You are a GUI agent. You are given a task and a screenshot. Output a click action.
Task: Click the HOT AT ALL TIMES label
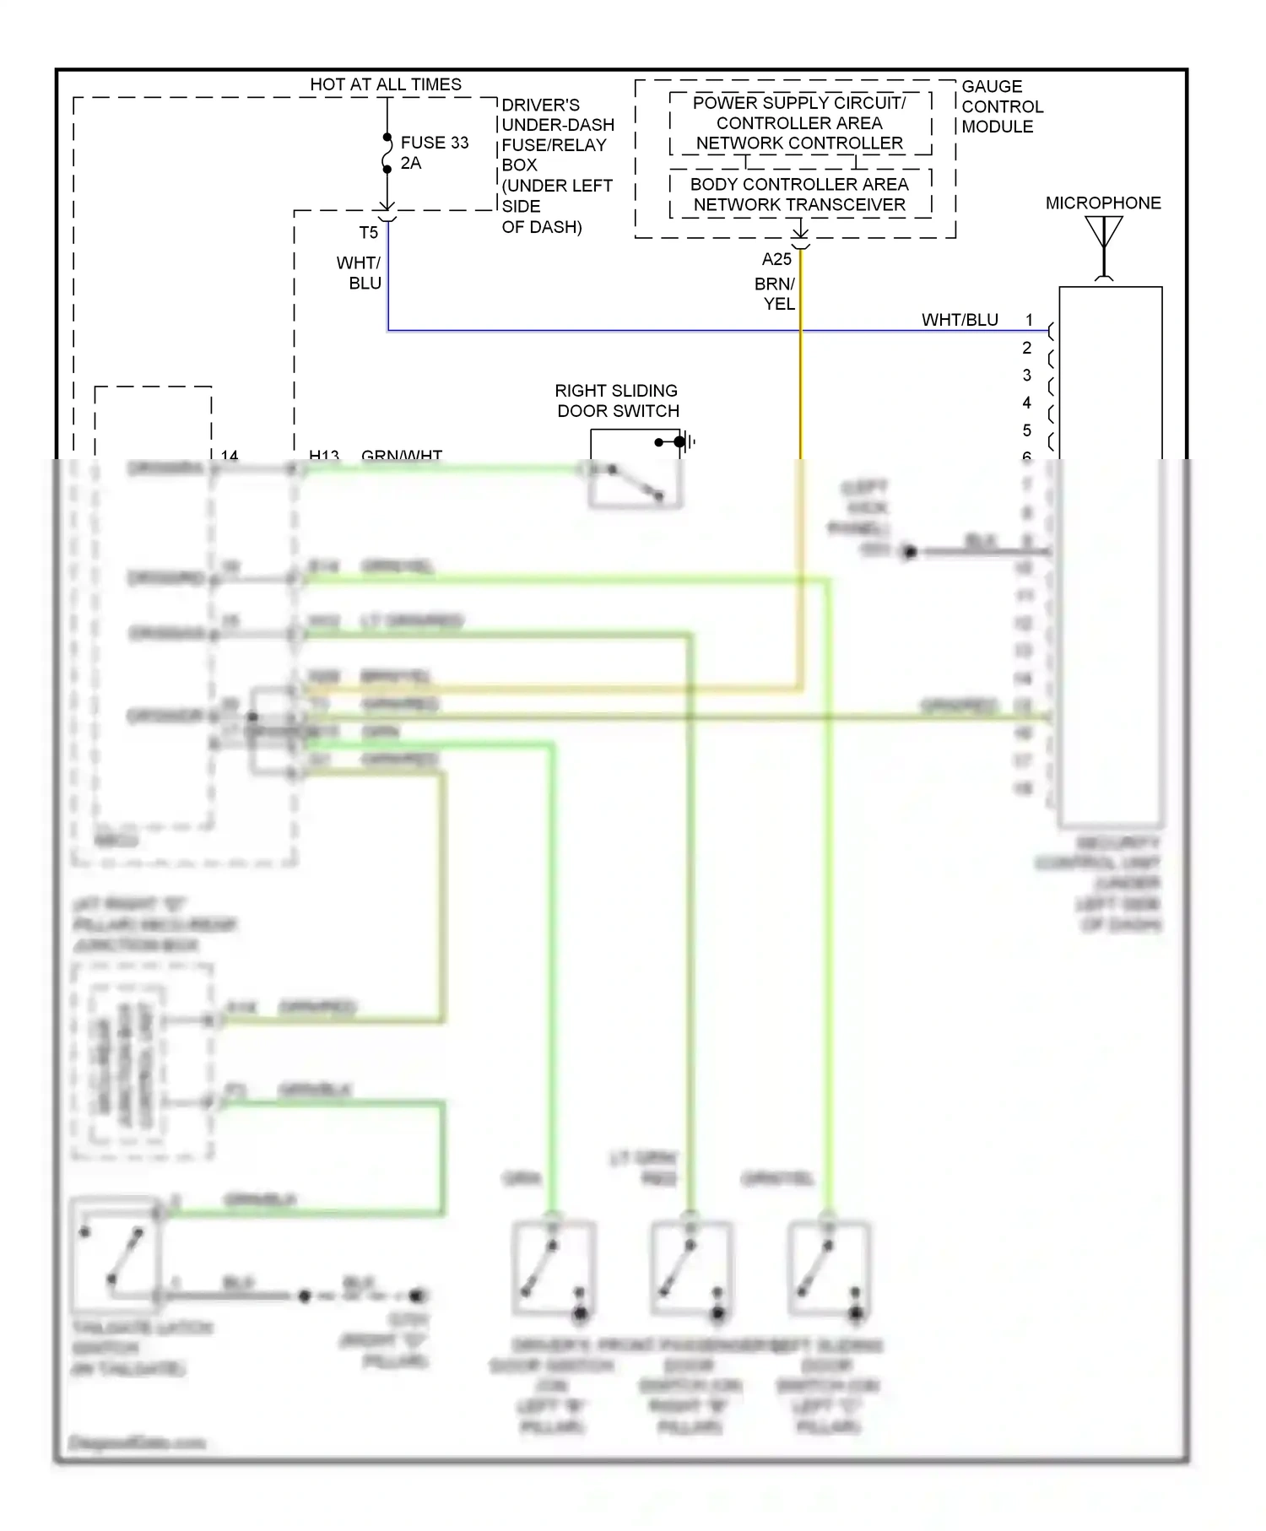tap(386, 84)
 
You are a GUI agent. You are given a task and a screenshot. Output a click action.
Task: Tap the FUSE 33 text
tap(434, 143)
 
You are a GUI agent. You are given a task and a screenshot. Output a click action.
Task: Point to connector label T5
tap(368, 233)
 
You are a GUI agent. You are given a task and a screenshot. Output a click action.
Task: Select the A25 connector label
tap(776, 259)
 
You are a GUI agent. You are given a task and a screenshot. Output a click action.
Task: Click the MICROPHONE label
tap(1103, 203)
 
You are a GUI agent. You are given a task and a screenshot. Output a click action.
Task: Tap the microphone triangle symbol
tap(1103, 233)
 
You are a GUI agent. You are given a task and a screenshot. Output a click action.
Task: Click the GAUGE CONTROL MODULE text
tap(1002, 106)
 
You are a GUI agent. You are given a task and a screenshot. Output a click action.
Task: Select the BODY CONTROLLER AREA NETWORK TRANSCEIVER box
tap(799, 194)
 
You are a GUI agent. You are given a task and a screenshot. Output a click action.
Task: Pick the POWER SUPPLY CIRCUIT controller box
tap(799, 123)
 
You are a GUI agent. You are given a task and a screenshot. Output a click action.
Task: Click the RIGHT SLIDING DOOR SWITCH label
tap(618, 401)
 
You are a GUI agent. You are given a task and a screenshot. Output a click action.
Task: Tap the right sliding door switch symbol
tap(635, 481)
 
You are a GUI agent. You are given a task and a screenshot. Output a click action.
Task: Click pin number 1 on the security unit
tap(1029, 320)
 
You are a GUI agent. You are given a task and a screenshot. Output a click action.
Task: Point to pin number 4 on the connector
tap(1026, 403)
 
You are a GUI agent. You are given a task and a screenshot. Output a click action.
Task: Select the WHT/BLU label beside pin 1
tap(960, 320)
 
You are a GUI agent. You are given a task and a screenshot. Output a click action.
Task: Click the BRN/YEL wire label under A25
tap(775, 294)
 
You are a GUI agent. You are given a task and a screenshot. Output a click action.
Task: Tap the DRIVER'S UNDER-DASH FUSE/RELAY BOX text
tap(556, 165)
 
